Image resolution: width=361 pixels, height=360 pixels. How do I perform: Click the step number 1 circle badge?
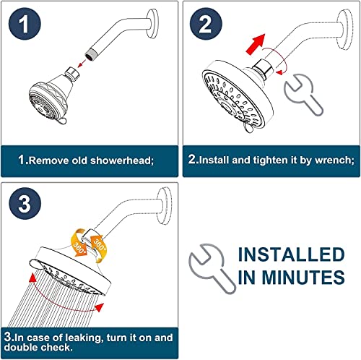pyautogui.click(x=26, y=26)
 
